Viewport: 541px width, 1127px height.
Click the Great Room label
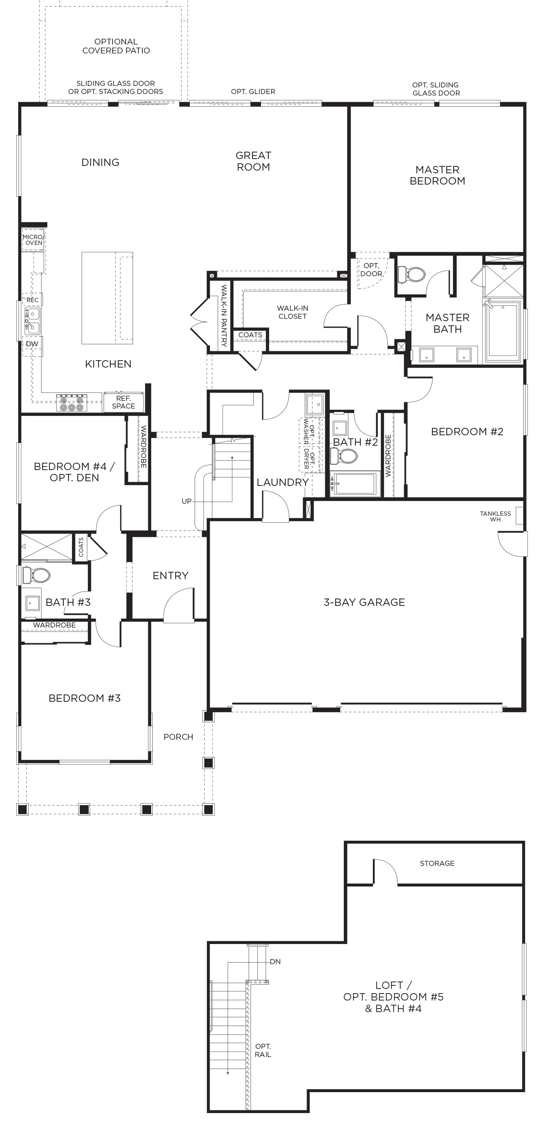coord(253,161)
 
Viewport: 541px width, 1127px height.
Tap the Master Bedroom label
coord(437,175)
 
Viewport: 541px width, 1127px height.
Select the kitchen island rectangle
coord(107,298)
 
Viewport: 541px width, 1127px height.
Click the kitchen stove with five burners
coord(72,403)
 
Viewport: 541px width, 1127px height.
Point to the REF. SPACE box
coord(123,402)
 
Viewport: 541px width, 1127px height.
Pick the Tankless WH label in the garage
coord(495,516)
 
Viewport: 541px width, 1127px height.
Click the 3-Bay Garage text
coord(364,602)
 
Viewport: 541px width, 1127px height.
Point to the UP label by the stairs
coord(187,501)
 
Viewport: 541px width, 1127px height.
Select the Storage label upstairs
coord(437,863)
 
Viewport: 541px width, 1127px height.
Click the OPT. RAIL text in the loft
coord(263,1050)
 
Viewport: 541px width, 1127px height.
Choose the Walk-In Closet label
coord(293,312)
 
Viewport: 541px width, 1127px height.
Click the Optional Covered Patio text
coord(116,46)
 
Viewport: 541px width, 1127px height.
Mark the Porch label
coord(178,737)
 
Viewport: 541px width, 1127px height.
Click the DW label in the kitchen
coord(32,344)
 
